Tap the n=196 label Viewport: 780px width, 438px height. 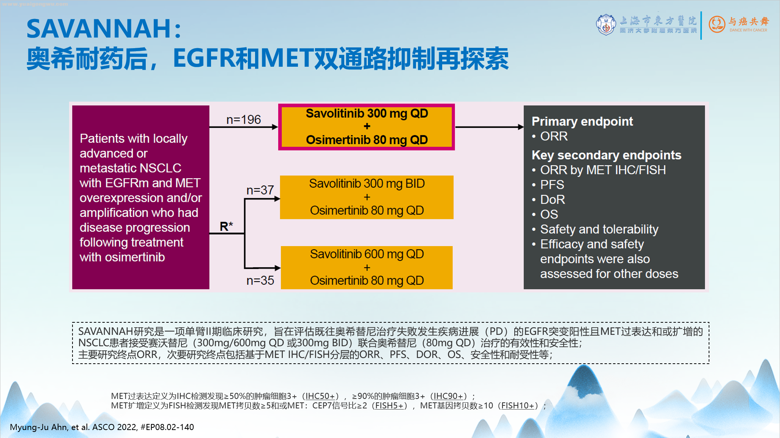click(x=243, y=120)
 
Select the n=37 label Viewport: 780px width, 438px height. click(x=260, y=190)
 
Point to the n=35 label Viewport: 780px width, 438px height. click(x=260, y=281)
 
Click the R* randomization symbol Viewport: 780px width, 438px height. click(x=226, y=226)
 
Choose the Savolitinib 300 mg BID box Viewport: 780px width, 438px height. click(x=367, y=197)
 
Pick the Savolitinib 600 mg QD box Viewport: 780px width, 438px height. click(x=367, y=267)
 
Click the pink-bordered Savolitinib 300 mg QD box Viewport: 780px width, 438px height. click(x=367, y=127)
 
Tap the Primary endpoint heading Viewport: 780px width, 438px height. click(x=582, y=121)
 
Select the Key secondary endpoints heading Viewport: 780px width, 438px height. click(x=606, y=155)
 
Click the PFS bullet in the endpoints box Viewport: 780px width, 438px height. click(x=552, y=185)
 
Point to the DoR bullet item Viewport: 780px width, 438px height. click(x=552, y=199)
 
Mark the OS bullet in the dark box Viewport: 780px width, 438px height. click(x=549, y=214)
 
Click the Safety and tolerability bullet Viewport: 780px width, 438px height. click(x=599, y=229)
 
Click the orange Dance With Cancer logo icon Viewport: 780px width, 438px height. click(x=717, y=24)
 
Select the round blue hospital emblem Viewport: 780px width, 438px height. click(x=606, y=25)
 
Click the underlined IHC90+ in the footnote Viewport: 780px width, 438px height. click(x=449, y=396)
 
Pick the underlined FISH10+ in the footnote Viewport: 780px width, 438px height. click(x=518, y=406)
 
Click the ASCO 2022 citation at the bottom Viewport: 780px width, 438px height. click(x=102, y=427)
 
